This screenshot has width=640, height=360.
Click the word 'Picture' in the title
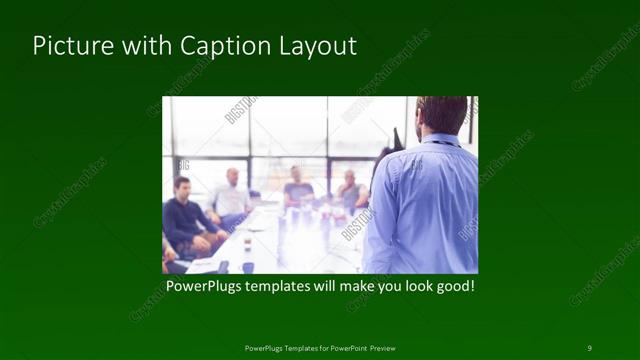click(x=68, y=46)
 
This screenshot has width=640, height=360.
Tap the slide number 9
click(x=589, y=347)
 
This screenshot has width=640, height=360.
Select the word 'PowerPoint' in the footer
click(x=342, y=347)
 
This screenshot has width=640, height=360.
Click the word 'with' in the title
click(x=141, y=46)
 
